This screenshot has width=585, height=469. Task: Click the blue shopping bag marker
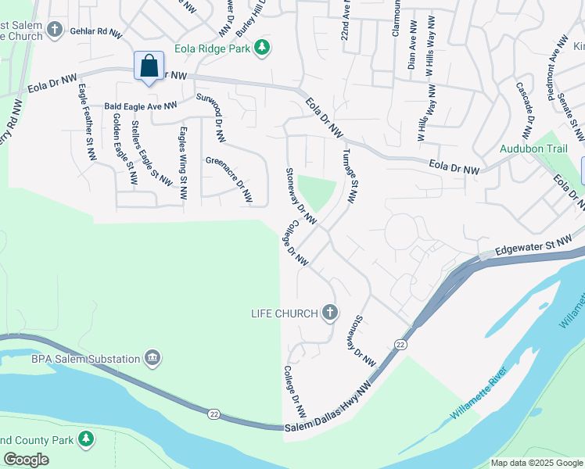click(149, 67)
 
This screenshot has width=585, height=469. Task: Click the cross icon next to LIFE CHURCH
click(330, 313)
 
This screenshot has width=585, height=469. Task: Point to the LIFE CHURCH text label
click(284, 313)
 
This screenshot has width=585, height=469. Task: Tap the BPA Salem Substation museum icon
click(153, 359)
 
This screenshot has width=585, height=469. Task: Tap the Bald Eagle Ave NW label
click(142, 106)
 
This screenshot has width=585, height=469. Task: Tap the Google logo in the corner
click(27, 459)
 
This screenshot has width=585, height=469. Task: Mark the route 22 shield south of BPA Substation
click(214, 414)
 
